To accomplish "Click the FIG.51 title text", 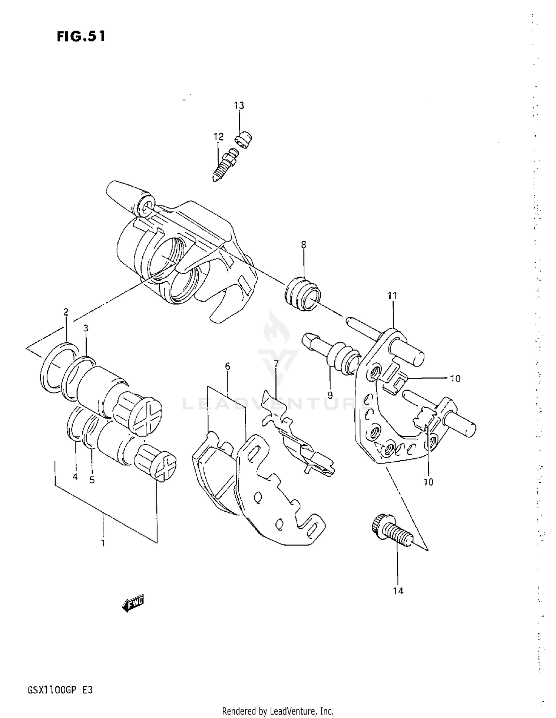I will pyautogui.click(x=81, y=36).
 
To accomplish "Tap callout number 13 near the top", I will pyautogui.click(x=239, y=106).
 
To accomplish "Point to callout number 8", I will pyautogui.click(x=304, y=245).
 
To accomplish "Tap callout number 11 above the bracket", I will pyautogui.click(x=392, y=296).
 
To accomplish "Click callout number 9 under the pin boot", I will pyautogui.click(x=330, y=395).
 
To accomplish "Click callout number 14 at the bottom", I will pyautogui.click(x=398, y=591).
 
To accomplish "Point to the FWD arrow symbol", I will pyautogui.click(x=133, y=604).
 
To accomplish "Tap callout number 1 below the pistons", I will pyautogui.click(x=103, y=543).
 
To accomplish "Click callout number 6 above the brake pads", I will pyautogui.click(x=227, y=366).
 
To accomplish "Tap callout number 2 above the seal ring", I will pyautogui.click(x=66, y=312).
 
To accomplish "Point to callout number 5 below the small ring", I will pyautogui.click(x=92, y=480).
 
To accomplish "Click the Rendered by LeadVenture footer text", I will pyautogui.click(x=278, y=711).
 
